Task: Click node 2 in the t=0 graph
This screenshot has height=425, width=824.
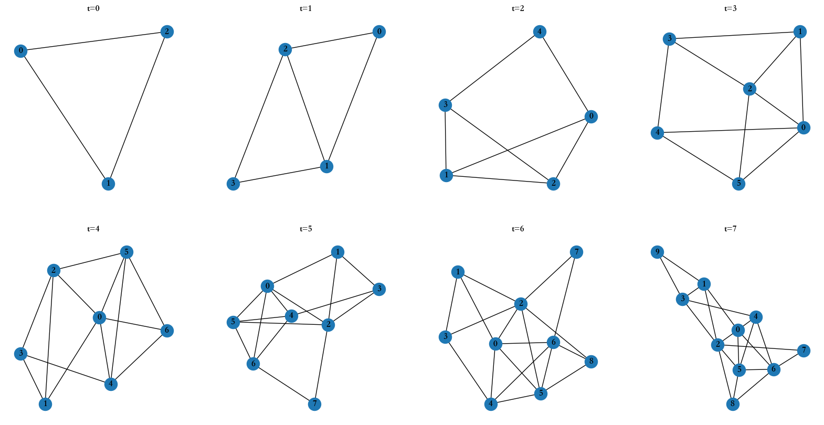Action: pyautogui.click(x=167, y=31)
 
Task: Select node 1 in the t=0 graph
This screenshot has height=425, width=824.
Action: pyautogui.click(x=108, y=184)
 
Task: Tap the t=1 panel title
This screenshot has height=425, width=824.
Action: pyautogui.click(x=305, y=8)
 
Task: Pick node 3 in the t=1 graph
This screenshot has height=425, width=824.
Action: pyautogui.click(x=233, y=184)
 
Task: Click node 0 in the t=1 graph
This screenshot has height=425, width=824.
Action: pyautogui.click(x=379, y=31)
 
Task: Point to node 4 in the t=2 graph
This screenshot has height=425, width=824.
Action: pyautogui.click(x=539, y=31)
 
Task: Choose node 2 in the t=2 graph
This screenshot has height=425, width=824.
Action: pyautogui.click(x=553, y=184)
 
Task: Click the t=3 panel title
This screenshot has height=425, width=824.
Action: pyautogui.click(x=730, y=8)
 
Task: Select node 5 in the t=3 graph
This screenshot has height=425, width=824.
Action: pyautogui.click(x=738, y=184)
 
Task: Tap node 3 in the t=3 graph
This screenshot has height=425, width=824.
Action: pyautogui.click(x=669, y=38)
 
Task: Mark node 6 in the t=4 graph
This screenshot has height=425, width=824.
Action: pyautogui.click(x=167, y=331)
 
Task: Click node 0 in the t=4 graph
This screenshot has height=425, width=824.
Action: pyautogui.click(x=99, y=317)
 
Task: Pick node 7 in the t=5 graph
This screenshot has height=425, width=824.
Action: pyautogui.click(x=314, y=404)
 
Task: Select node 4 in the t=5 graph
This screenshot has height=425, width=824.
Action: pyautogui.click(x=291, y=316)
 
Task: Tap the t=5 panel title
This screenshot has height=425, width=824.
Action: pyautogui.click(x=305, y=229)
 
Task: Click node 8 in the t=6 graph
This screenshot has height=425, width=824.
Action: pyautogui.click(x=591, y=362)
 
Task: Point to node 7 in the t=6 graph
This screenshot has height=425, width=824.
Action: pyautogui.click(x=576, y=252)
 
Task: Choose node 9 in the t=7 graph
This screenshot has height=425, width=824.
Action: pyautogui.click(x=657, y=252)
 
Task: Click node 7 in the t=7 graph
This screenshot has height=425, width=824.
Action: pyautogui.click(x=803, y=350)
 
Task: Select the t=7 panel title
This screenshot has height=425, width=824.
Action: pyautogui.click(x=730, y=229)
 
